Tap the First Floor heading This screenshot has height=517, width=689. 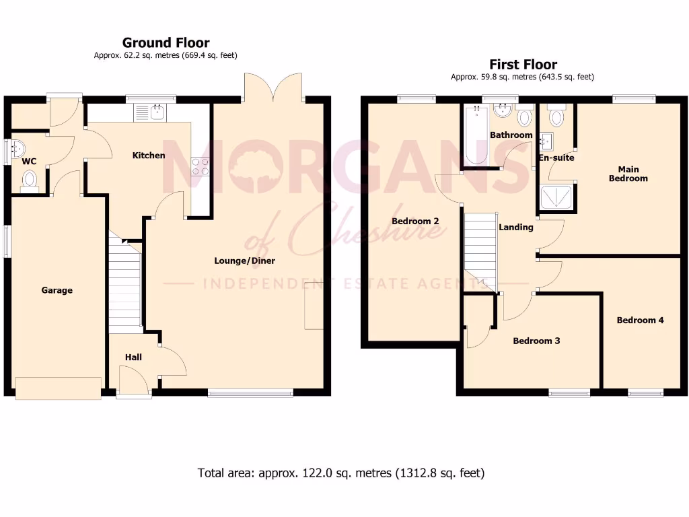523,65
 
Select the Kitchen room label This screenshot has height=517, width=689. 149,156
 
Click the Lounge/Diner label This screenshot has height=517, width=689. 244,261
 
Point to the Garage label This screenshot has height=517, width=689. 57,290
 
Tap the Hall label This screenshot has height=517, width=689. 133,357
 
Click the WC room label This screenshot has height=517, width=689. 29,162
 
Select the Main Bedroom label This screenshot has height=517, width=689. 628,174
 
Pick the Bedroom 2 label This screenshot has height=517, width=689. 415,221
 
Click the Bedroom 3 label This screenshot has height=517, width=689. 536,341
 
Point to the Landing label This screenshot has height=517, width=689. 515,227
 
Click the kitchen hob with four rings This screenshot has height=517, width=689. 200,166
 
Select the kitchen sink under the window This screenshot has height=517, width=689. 150,112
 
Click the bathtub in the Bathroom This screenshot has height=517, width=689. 476,138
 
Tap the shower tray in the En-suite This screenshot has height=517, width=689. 558,197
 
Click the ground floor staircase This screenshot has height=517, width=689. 124,286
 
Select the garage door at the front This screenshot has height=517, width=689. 59,388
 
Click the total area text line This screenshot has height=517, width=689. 340,473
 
